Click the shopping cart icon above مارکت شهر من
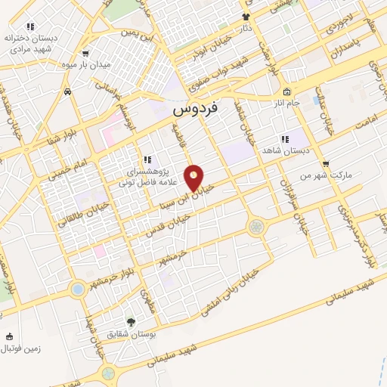coord(326,163)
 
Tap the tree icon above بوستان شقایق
coord(130,322)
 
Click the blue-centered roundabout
coord(78,289)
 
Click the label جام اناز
coord(287,102)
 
